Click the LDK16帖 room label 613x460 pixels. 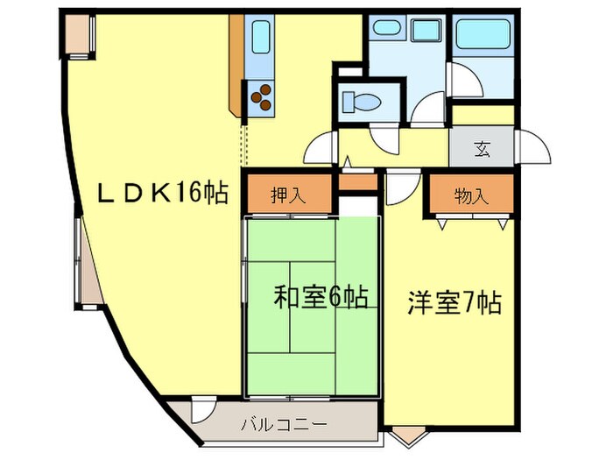point(162,193)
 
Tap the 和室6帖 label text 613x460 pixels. point(320,298)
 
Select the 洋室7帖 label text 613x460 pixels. point(453,304)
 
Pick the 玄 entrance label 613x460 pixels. point(482,148)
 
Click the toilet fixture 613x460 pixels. point(359,102)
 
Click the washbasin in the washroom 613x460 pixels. point(386,27)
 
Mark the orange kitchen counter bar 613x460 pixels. point(236,66)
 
